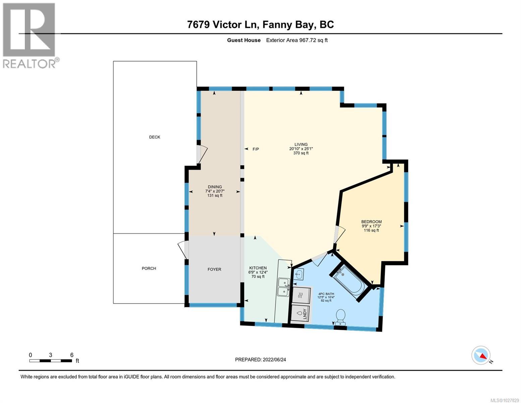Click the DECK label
coord(155,137)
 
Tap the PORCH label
coord(149,268)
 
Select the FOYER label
coord(214,269)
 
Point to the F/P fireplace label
coord(256,149)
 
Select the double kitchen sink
coord(283,287)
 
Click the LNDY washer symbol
coord(301,313)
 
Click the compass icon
coord(481,355)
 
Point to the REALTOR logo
coord(30,35)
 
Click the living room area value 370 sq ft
coord(301,153)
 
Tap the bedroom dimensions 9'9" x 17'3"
coord(371,226)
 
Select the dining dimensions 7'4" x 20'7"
coord(215,191)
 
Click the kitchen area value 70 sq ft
coord(258,277)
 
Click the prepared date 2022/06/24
coord(274,360)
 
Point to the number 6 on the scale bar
coord(71,355)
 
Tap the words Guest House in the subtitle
coord(244,40)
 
